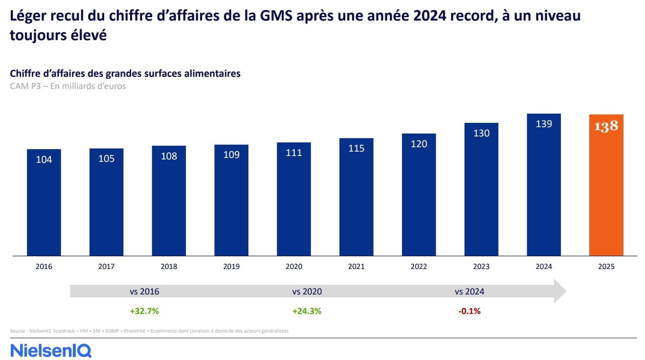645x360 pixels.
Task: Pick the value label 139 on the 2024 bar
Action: click(x=544, y=124)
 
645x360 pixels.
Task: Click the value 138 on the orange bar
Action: click(x=606, y=126)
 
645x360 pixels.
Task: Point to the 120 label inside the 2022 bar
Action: click(x=419, y=144)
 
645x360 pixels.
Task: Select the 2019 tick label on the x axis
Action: click(x=231, y=267)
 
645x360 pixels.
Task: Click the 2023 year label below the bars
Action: click(x=481, y=267)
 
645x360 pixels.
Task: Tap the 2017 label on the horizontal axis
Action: click(x=106, y=267)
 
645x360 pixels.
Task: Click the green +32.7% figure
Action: click(x=144, y=311)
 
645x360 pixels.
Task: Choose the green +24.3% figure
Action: click(x=307, y=311)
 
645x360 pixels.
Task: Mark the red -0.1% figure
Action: click(x=469, y=311)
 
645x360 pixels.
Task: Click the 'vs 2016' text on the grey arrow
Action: click(x=144, y=292)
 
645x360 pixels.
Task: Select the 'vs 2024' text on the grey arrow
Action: click(x=469, y=292)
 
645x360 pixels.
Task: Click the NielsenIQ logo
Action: click(x=51, y=350)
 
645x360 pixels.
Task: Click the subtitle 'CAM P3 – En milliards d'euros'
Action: click(x=68, y=86)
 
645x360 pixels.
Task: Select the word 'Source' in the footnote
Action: click(x=18, y=331)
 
